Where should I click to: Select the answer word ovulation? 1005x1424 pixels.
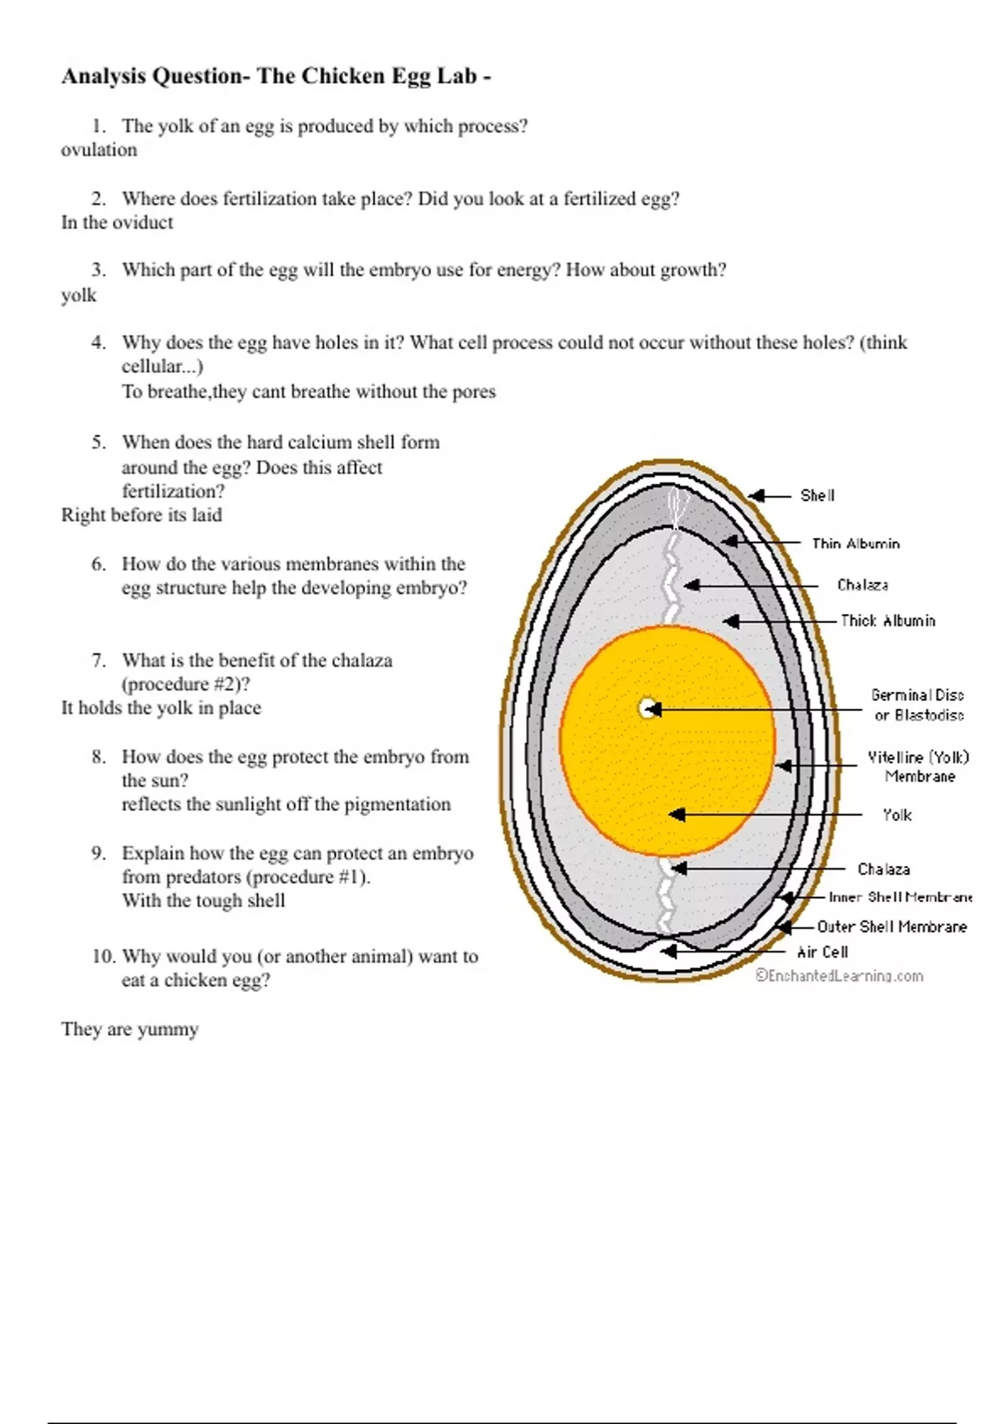99,150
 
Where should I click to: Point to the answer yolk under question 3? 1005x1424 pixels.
79,296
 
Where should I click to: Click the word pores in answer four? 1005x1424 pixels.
474,392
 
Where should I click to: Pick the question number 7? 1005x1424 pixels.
99,660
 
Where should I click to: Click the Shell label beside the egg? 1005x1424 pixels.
817,496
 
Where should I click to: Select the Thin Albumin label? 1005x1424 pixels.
856,544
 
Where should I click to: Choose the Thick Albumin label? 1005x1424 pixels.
888,621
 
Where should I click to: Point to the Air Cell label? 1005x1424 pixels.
822,952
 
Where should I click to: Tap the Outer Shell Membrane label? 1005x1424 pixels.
892,926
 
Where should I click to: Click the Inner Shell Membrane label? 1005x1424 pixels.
900,897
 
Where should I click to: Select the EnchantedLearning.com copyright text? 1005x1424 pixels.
839,976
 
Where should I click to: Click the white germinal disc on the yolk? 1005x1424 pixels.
647,709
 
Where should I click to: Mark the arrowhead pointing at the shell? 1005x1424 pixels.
756,496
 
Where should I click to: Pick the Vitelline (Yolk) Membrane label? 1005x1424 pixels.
919,766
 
